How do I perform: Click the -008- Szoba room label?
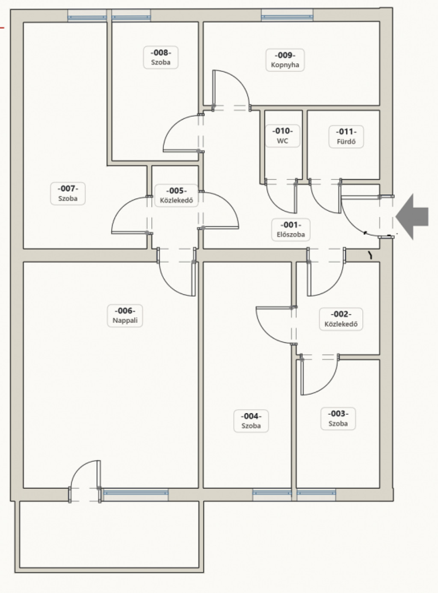(x=160, y=57)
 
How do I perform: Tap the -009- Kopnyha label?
(x=285, y=60)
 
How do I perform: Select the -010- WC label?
(x=283, y=136)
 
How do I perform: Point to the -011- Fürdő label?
(x=346, y=137)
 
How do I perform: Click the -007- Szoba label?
(x=68, y=194)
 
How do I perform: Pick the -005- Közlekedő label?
(x=176, y=195)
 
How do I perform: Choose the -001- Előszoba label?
(x=291, y=230)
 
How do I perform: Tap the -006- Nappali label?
(x=125, y=316)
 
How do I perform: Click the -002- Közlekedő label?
(x=341, y=319)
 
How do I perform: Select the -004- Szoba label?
(x=251, y=421)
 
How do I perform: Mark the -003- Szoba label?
(x=338, y=419)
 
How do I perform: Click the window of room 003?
(x=316, y=492)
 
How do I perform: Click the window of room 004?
(x=272, y=492)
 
